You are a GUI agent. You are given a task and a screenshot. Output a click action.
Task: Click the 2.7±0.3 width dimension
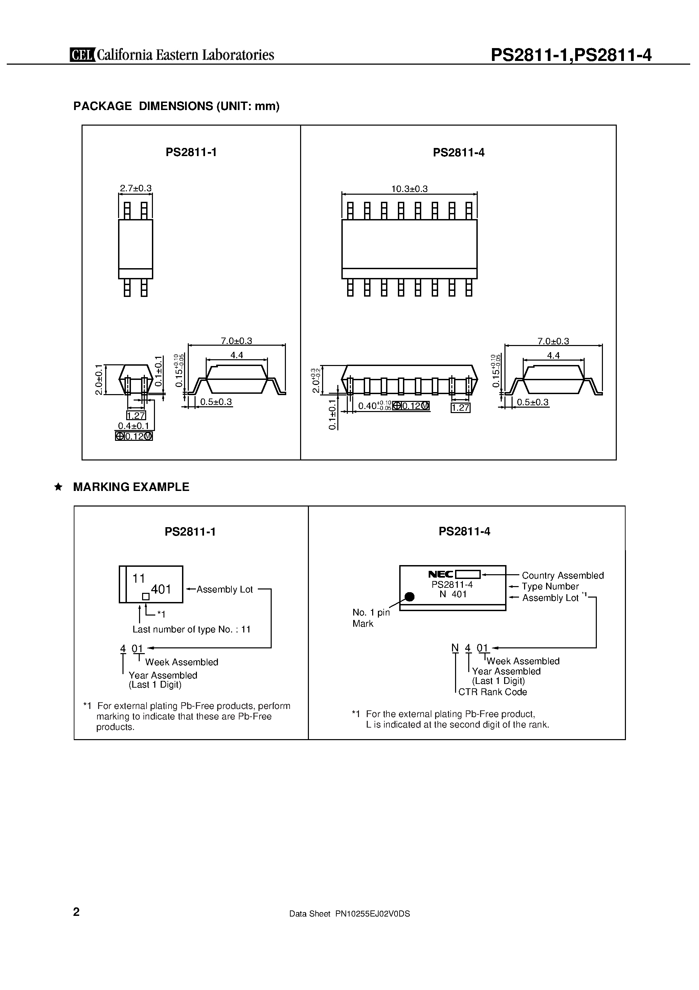[136, 189]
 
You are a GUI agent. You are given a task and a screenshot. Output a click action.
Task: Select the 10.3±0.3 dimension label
[409, 189]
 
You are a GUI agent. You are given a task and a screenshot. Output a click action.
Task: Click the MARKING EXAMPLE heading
[131, 487]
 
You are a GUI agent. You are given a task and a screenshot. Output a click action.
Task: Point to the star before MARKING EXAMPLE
[58, 487]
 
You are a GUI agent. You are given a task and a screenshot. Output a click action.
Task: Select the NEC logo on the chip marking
[441, 574]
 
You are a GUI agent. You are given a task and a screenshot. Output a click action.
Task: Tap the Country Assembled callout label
[562, 575]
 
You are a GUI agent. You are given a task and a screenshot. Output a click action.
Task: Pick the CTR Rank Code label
[492, 692]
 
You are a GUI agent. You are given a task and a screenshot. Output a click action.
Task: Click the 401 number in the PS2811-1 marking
[161, 589]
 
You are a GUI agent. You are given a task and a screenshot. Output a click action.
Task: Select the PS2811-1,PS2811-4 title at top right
[571, 55]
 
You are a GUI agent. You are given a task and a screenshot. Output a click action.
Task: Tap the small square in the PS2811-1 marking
[146, 597]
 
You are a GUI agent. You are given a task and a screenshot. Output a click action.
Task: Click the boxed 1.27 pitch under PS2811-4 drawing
[460, 407]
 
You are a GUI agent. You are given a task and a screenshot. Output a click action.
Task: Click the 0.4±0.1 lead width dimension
[134, 426]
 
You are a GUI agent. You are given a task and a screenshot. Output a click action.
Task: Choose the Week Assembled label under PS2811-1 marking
[181, 662]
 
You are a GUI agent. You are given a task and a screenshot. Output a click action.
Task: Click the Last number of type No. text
[191, 629]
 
